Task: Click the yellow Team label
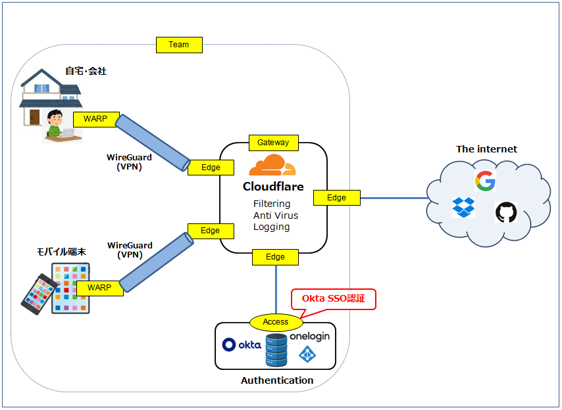click(x=179, y=45)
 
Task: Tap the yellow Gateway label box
click(x=273, y=142)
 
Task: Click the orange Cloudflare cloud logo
click(x=272, y=166)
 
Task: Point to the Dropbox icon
click(x=463, y=207)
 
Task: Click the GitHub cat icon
click(x=505, y=212)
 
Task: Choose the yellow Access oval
click(x=276, y=322)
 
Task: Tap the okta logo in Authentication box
click(x=242, y=344)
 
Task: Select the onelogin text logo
click(x=309, y=336)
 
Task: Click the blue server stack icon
click(x=276, y=350)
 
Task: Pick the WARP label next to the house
click(x=95, y=119)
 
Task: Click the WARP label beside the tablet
click(x=99, y=288)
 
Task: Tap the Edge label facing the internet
click(x=336, y=197)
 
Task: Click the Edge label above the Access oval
click(x=275, y=257)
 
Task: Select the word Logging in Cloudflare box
click(x=271, y=227)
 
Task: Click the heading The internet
click(x=486, y=149)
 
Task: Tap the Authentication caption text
click(x=277, y=380)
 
